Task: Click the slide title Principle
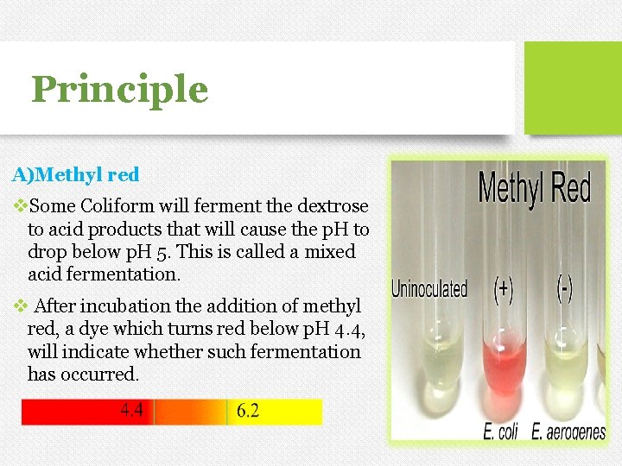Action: [119, 89]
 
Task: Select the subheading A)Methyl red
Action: [75, 174]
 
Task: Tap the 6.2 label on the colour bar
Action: [247, 412]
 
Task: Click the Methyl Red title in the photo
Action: [534, 187]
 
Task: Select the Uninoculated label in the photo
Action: [429, 287]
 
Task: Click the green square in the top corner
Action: [573, 86]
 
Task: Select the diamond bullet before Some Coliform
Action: [21, 207]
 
